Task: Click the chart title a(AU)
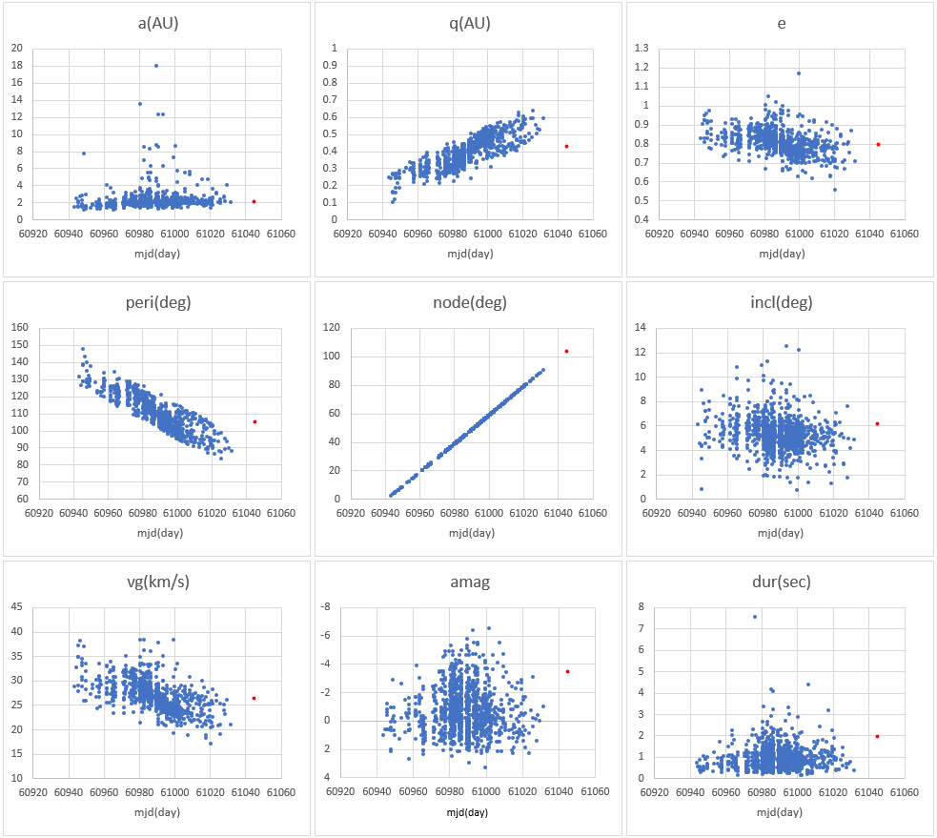click(157, 24)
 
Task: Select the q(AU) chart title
click(469, 24)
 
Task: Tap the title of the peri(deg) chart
click(157, 303)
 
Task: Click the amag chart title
click(469, 582)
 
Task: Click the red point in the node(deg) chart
click(566, 351)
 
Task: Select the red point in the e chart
click(878, 144)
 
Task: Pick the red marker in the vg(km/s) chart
click(255, 698)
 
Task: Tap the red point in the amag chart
click(567, 671)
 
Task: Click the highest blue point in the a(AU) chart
click(156, 66)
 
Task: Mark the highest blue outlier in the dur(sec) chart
click(755, 616)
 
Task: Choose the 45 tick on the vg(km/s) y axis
click(16, 607)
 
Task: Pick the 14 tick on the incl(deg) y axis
click(642, 328)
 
